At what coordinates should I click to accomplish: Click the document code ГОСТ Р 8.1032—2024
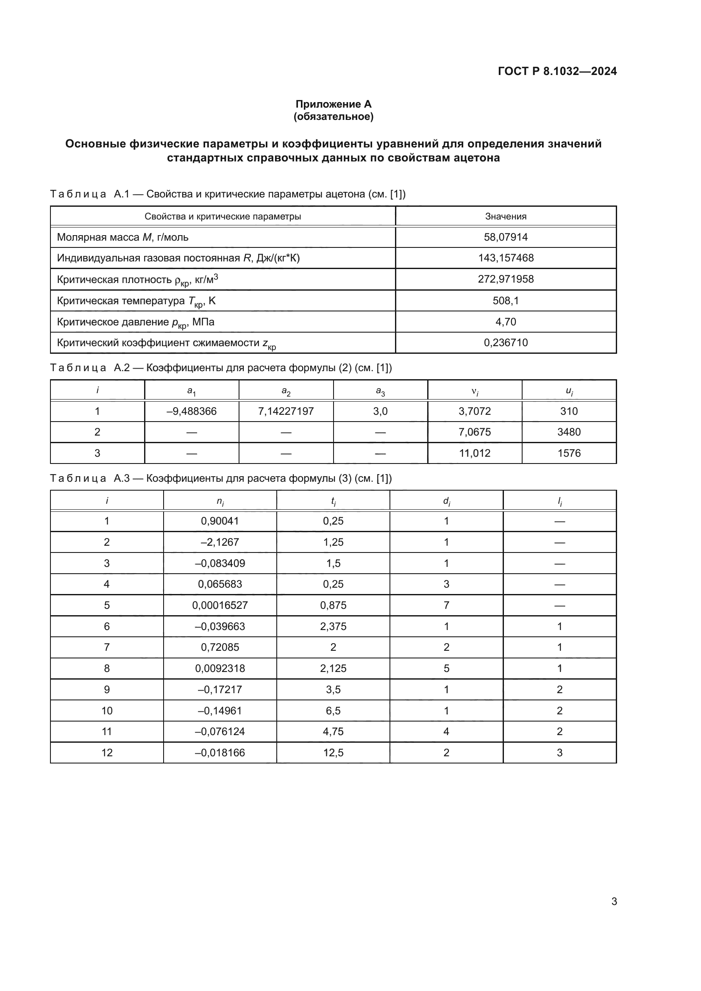coord(557,71)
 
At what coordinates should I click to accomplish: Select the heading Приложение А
coord(333,104)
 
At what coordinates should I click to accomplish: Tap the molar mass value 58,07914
coord(506,237)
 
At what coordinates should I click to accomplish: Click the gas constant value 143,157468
coord(506,258)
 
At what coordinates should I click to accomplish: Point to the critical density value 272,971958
coord(506,279)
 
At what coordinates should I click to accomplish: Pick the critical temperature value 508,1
coord(506,300)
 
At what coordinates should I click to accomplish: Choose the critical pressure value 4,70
coord(506,322)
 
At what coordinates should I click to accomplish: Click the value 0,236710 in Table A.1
coord(506,342)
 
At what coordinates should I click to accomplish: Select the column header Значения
coord(506,216)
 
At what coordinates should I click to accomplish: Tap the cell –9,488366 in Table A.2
coord(191,411)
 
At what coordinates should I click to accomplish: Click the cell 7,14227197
coord(286,411)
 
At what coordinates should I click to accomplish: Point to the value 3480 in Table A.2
coord(568,432)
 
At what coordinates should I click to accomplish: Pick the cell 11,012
coord(474,453)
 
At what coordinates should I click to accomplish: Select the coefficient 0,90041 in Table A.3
coord(220,521)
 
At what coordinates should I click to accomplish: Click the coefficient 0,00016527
coord(220,605)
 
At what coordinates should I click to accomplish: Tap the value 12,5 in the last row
coord(333,753)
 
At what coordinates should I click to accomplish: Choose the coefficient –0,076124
coord(220,732)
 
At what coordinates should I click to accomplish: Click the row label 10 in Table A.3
coord(107,711)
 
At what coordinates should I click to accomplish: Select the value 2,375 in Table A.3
coord(333,626)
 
